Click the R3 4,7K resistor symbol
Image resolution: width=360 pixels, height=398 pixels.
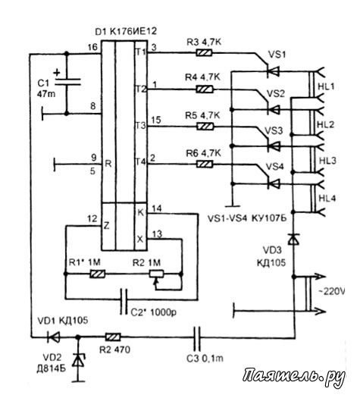(204, 53)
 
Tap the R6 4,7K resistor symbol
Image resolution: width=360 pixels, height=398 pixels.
(205, 165)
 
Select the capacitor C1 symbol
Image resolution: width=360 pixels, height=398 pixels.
(67, 81)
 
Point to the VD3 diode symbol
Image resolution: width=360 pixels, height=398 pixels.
(294, 239)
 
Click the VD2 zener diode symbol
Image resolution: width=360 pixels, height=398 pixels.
(78, 360)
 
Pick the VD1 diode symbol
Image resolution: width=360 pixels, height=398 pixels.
(54, 337)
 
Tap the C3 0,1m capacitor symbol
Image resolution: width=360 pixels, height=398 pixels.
(197, 337)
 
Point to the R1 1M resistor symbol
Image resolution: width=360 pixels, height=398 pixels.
(98, 274)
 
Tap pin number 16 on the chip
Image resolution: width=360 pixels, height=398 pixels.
(92, 47)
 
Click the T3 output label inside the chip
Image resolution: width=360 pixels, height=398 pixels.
(140, 125)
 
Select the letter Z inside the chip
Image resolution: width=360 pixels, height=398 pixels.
(107, 225)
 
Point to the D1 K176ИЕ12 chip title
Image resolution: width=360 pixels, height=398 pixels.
(126, 32)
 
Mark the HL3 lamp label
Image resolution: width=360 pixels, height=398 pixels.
(327, 161)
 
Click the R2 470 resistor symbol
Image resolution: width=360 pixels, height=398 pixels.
(113, 337)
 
